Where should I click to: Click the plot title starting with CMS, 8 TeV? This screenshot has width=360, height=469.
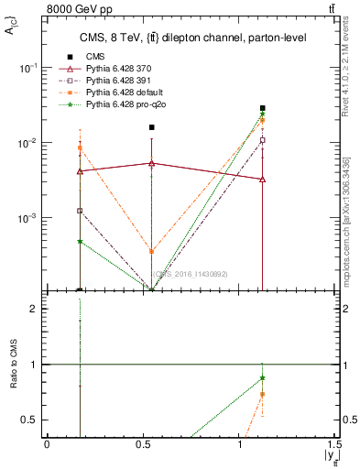click(190, 38)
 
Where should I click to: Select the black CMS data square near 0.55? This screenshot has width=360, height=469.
click(152, 127)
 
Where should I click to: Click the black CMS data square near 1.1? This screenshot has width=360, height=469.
click(263, 108)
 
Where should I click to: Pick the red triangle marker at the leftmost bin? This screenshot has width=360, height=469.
click(80, 171)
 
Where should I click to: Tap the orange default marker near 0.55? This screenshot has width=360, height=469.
click(152, 251)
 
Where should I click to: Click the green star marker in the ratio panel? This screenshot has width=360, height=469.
click(263, 378)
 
